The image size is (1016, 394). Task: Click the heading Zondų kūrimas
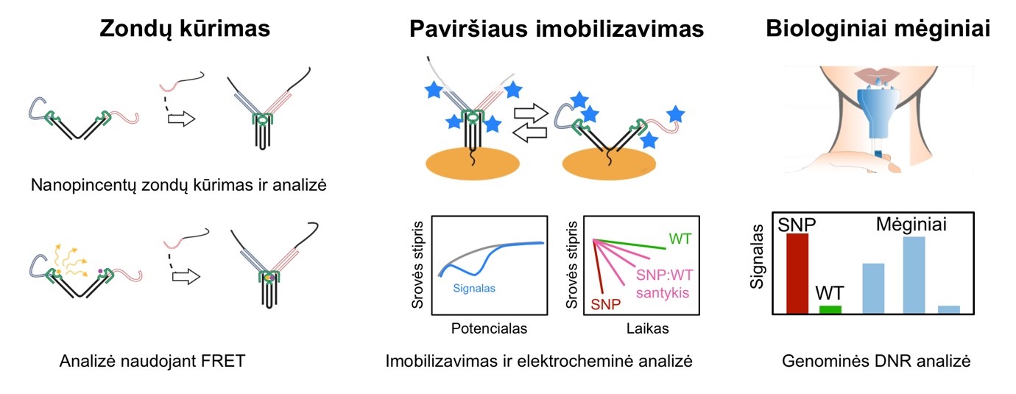pos(185,28)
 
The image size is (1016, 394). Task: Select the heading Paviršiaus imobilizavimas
pos(557,28)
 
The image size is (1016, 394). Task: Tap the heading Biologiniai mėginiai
pos(878,28)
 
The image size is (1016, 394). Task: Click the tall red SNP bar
pos(797,273)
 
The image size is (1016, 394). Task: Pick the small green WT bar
pos(830,309)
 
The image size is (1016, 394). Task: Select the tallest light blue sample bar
pos(914,275)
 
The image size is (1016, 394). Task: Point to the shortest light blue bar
pos(949,309)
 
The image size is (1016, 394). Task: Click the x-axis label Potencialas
pos(489,328)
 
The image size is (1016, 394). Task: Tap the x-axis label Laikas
pos(648,328)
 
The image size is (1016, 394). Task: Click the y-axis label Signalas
pos(757,256)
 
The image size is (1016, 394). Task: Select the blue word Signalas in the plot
pos(474,288)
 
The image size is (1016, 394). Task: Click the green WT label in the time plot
pos(680,239)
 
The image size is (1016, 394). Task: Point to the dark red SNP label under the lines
pos(605,304)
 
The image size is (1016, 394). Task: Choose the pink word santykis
pos(663,293)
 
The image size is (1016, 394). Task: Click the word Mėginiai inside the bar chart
pos(911,225)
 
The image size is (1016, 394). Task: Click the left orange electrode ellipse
pos(472,164)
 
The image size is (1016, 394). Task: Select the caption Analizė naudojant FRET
pos(152,361)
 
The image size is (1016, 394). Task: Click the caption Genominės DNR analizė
pos(876,361)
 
